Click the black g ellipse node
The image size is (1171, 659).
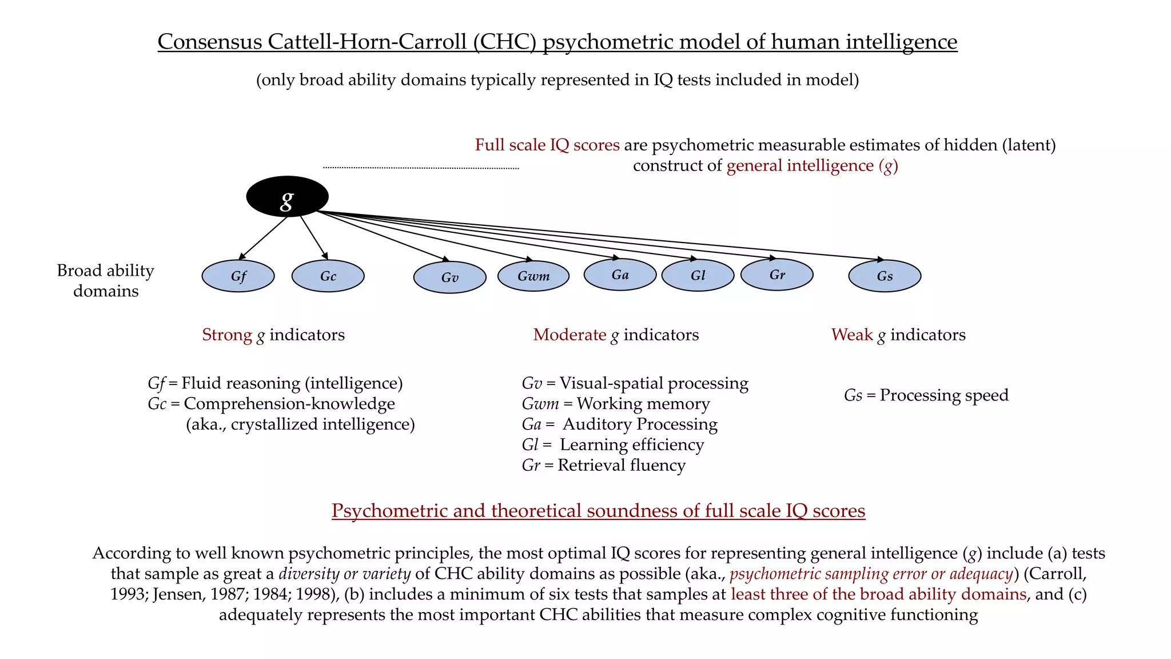pyautogui.click(x=287, y=197)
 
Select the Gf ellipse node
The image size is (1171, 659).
pyautogui.click(x=238, y=276)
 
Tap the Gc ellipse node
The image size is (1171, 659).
pyautogui.click(x=328, y=276)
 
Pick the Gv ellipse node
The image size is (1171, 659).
pyautogui.click(x=449, y=277)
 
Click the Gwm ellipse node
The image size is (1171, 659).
pyautogui.click(x=533, y=276)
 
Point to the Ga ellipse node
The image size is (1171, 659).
pyautogui.click(x=620, y=275)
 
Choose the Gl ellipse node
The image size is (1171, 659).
pyautogui.click(x=698, y=275)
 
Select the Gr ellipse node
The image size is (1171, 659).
pyautogui.click(x=776, y=275)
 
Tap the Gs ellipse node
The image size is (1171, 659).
pyautogui.click(x=885, y=276)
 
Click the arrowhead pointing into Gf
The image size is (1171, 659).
pyautogui.click(x=242, y=256)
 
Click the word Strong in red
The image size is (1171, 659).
pyautogui.click(x=227, y=335)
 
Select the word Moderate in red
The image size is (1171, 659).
pyautogui.click(x=569, y=335)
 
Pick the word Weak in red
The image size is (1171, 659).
pyautogui.click(x=852, y=335)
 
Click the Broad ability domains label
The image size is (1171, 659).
pyautogui.click(x=106, y=280)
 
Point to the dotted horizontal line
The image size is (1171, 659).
pyautogui.click(x=421, y=168)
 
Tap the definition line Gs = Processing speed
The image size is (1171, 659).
pyautogui.click(x=926, y=395)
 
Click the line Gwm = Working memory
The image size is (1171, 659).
pyautogui.click(x=616, y=404)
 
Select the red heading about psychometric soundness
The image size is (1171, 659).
pyautogui.click(x=598, y=510)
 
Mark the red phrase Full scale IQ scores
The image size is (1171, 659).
pyautogui.click(x=547, y=145)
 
